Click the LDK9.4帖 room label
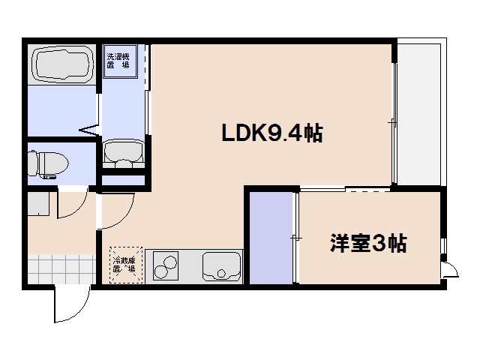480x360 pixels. coord(271,133)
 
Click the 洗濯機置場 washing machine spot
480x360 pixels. coord(117,60)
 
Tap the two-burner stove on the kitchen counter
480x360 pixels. coord(168,266)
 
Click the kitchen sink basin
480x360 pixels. coord(221,266)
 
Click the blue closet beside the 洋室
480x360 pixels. coord(271,237)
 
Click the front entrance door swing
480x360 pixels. coord(72,304)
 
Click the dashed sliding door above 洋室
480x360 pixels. coord(345,190)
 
